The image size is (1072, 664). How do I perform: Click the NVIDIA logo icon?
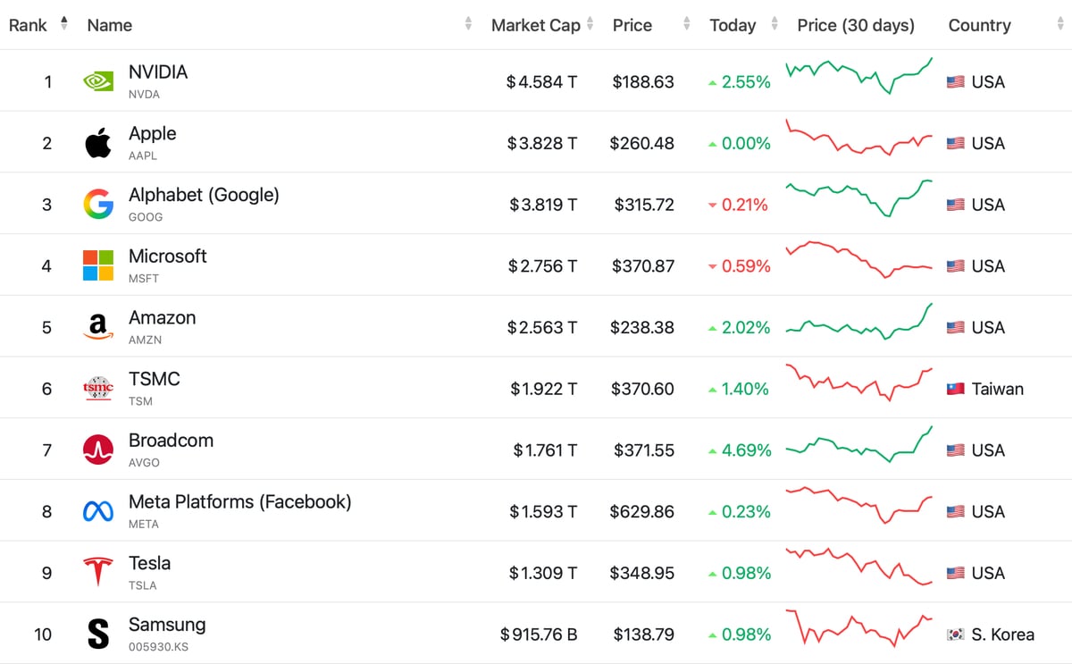point(98,81)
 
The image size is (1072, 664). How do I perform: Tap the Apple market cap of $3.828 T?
point(542,143)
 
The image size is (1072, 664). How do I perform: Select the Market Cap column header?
point(536,25)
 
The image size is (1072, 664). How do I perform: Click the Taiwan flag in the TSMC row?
point(956,390)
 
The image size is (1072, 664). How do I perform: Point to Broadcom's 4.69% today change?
point(746,450)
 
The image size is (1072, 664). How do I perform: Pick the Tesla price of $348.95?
point(643,573)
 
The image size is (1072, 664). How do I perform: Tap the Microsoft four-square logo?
point(98,265)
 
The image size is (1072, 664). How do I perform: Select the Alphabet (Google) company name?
point(204,194)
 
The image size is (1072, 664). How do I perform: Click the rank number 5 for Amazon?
point(47,328)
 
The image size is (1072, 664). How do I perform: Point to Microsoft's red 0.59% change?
point(746,266)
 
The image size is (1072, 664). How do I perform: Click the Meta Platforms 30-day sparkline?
point(858,505)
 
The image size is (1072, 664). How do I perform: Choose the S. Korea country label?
point(1002,635)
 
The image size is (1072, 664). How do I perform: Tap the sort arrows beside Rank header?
point(63,24)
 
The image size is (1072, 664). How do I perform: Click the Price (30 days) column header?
point(856,25)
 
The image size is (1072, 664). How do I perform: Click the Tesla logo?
point(98,572)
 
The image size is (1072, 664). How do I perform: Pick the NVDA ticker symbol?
point(144,94)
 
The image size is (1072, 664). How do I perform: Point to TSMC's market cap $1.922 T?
point(544,389)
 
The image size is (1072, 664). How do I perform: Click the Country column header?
point(979,25)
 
